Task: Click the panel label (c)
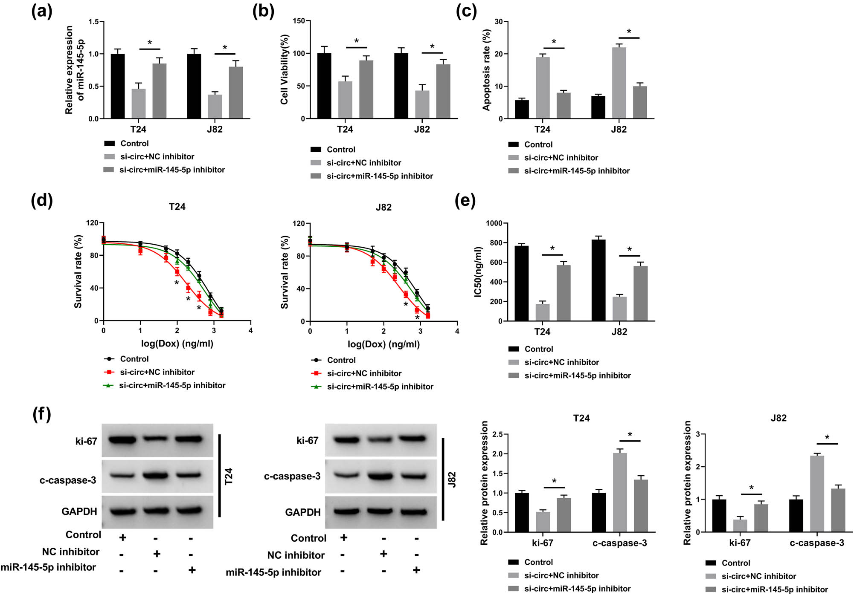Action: coord(466,11)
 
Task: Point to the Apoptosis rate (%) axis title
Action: coord(486,70)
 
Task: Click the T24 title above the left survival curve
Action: coord(177,207)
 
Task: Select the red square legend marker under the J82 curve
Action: coord(316,373)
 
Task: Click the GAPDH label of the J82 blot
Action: coord(302,512)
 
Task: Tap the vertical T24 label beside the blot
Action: coord(229,476)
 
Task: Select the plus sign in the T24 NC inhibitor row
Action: coord(157,554)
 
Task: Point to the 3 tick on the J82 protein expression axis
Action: coord(698,434)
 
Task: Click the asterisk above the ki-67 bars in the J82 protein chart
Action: coord(751,488)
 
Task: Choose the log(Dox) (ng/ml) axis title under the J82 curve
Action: coord(383,344)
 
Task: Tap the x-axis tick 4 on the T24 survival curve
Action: coord(250,330)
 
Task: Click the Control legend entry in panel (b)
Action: coord(340,150)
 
